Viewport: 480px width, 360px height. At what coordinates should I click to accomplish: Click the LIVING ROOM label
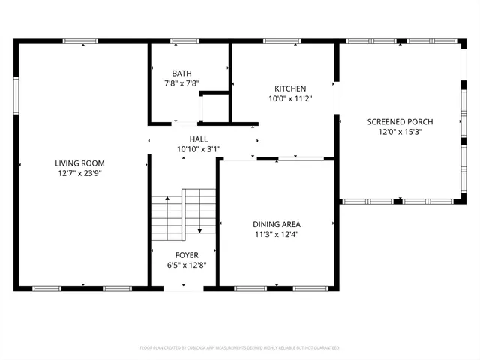pos(79,163)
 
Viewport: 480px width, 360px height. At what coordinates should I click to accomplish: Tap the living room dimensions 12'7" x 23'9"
pos(79,172)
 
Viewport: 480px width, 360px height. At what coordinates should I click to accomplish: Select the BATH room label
pos(181,73)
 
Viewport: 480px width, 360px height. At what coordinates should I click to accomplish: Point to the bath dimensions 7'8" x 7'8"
pos(181,83)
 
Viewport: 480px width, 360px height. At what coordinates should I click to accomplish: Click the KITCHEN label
pos(290,88)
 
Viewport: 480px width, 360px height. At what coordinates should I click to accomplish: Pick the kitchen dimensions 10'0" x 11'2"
pos(290,98)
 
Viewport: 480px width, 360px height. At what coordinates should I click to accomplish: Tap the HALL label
pos(199,139)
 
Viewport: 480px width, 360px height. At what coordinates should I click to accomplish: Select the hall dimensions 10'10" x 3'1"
pos(199,149)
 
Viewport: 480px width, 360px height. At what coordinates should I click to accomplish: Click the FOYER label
pos(187,255)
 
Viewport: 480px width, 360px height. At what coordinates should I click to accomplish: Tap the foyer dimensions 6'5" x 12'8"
pos(187,265)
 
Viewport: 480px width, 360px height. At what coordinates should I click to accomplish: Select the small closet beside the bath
pos(214,106)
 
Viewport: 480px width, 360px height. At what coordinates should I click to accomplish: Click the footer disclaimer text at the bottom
pos(240,348)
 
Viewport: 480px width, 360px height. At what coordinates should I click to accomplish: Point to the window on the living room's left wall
pos(16,97)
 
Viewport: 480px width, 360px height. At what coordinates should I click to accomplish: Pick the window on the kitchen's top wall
pos(282,41)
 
